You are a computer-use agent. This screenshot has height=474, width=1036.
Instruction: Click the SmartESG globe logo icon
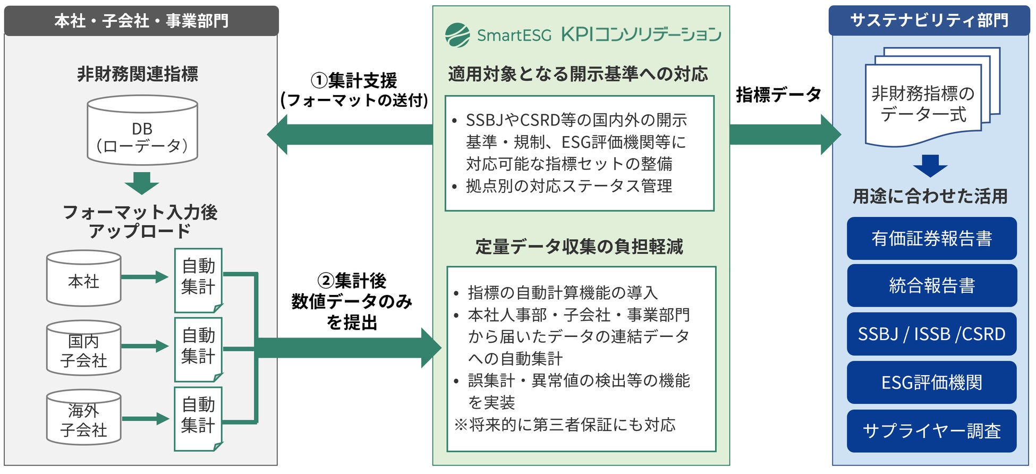click(457, 35)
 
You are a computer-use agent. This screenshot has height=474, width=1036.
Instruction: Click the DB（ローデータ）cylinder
click(142, 131)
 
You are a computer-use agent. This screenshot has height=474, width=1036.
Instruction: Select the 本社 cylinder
click(84, 279)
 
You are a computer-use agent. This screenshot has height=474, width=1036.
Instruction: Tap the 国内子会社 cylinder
click(84, 349)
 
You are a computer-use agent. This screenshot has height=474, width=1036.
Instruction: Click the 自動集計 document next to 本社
click(198, 280)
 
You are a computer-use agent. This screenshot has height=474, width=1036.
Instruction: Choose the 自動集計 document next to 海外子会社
click(198, 418)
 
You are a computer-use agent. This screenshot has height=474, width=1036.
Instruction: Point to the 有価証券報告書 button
click(931, 239)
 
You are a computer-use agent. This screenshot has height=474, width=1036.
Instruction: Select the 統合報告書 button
click(931, 286)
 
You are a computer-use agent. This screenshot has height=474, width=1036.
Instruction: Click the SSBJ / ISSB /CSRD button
click(931, 334)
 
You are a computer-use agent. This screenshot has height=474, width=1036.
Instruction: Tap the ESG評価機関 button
click(931, 383)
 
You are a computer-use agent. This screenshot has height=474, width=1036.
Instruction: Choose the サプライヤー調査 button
click(931, 431)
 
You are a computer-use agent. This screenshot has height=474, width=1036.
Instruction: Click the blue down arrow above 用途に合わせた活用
click(930, 166)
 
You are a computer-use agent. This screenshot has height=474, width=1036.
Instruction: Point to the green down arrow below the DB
click(142, 183)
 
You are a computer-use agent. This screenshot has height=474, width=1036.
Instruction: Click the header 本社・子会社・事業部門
click(141, 21)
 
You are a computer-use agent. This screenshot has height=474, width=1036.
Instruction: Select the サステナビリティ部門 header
click(929, 21)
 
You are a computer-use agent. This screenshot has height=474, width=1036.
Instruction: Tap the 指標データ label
click(778, 95)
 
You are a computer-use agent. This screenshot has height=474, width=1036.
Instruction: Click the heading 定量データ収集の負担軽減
click(579, 247)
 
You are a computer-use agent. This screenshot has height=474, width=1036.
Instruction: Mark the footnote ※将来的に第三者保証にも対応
click(565, 425)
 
